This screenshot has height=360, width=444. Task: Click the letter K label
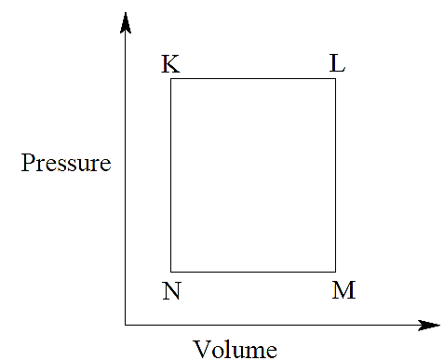[170, 64]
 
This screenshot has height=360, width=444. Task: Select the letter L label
[337, 63]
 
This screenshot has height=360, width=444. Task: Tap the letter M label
[343, 290]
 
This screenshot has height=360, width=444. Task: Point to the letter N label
[171, 291]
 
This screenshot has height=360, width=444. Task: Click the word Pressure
[66, 163]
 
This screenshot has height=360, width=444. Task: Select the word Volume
[235, 349]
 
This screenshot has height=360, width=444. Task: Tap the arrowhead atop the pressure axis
[126, 22]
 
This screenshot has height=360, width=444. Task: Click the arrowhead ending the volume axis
[429, 326]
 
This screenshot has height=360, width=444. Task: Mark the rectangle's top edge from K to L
[253, 79]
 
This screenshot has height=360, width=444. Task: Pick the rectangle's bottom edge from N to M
[253, 272]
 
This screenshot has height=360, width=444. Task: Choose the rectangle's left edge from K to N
[171, 175]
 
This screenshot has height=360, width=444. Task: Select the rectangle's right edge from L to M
[335, 175]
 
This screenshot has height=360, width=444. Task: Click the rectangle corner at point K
[171, 79]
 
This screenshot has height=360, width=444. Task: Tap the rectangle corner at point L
[335, 79]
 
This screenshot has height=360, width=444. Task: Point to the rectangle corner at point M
[335, 272]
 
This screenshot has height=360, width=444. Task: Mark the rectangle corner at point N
[171, 272]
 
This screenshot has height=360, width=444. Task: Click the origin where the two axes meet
[126, 325]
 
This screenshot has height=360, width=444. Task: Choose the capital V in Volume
[203, 349]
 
